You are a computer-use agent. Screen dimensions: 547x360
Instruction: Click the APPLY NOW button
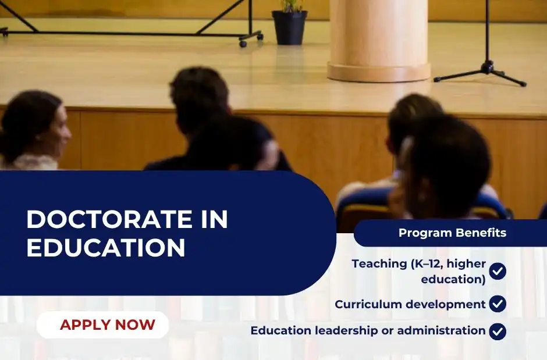click(102, 325)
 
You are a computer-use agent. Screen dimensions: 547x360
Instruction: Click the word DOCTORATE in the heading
click(109, 219)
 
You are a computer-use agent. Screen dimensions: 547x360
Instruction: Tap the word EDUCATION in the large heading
click(106, 248)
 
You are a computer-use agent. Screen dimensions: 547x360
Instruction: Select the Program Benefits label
click(452, 233)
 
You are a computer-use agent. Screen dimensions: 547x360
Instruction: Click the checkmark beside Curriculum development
click(498, 304)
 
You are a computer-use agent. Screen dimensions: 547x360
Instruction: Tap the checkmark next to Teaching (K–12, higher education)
click(498, 271)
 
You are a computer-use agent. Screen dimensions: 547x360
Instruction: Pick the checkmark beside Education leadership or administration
click(498, 332)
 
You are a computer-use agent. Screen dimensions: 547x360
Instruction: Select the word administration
click(441, 330)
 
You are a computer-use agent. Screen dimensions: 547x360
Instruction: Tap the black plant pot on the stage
click(290, 27)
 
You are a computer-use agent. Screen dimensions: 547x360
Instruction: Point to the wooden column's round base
click(379, 72)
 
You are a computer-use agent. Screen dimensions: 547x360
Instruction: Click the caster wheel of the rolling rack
click(243, 44)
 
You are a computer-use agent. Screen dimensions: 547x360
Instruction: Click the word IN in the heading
click(215, 219)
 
